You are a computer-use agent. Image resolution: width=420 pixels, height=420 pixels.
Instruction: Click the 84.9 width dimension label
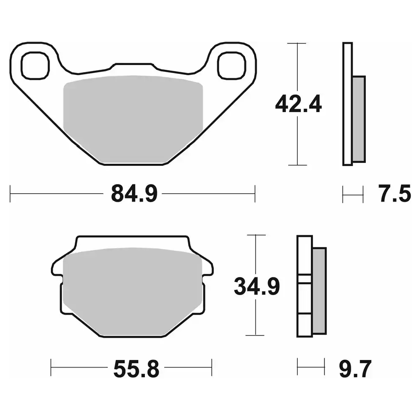pyautogui.click(x=134, y=193)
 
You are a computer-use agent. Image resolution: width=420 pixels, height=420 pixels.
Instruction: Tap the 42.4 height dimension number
pyautogui.click(x=298, y=104)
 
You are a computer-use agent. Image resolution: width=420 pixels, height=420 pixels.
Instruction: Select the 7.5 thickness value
pyautogui.click(x=394, y=193)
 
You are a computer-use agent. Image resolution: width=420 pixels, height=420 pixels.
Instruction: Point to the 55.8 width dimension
pyautogui.click(x=136, y=369)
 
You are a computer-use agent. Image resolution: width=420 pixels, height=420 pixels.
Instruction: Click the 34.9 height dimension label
pyautogui.click(x=257, y=286)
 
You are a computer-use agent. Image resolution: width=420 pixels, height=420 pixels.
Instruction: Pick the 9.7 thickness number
pyautogui.click(x=355, y=369)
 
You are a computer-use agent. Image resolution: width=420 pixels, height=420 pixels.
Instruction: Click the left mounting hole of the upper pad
pyautogui.click(x=35, y=66)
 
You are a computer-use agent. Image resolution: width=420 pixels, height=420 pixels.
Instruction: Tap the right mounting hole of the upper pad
pyautogui.click(x=232, y=66)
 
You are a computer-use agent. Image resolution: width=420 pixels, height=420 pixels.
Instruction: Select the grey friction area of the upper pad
pyautogui.click(x=133, y=118)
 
